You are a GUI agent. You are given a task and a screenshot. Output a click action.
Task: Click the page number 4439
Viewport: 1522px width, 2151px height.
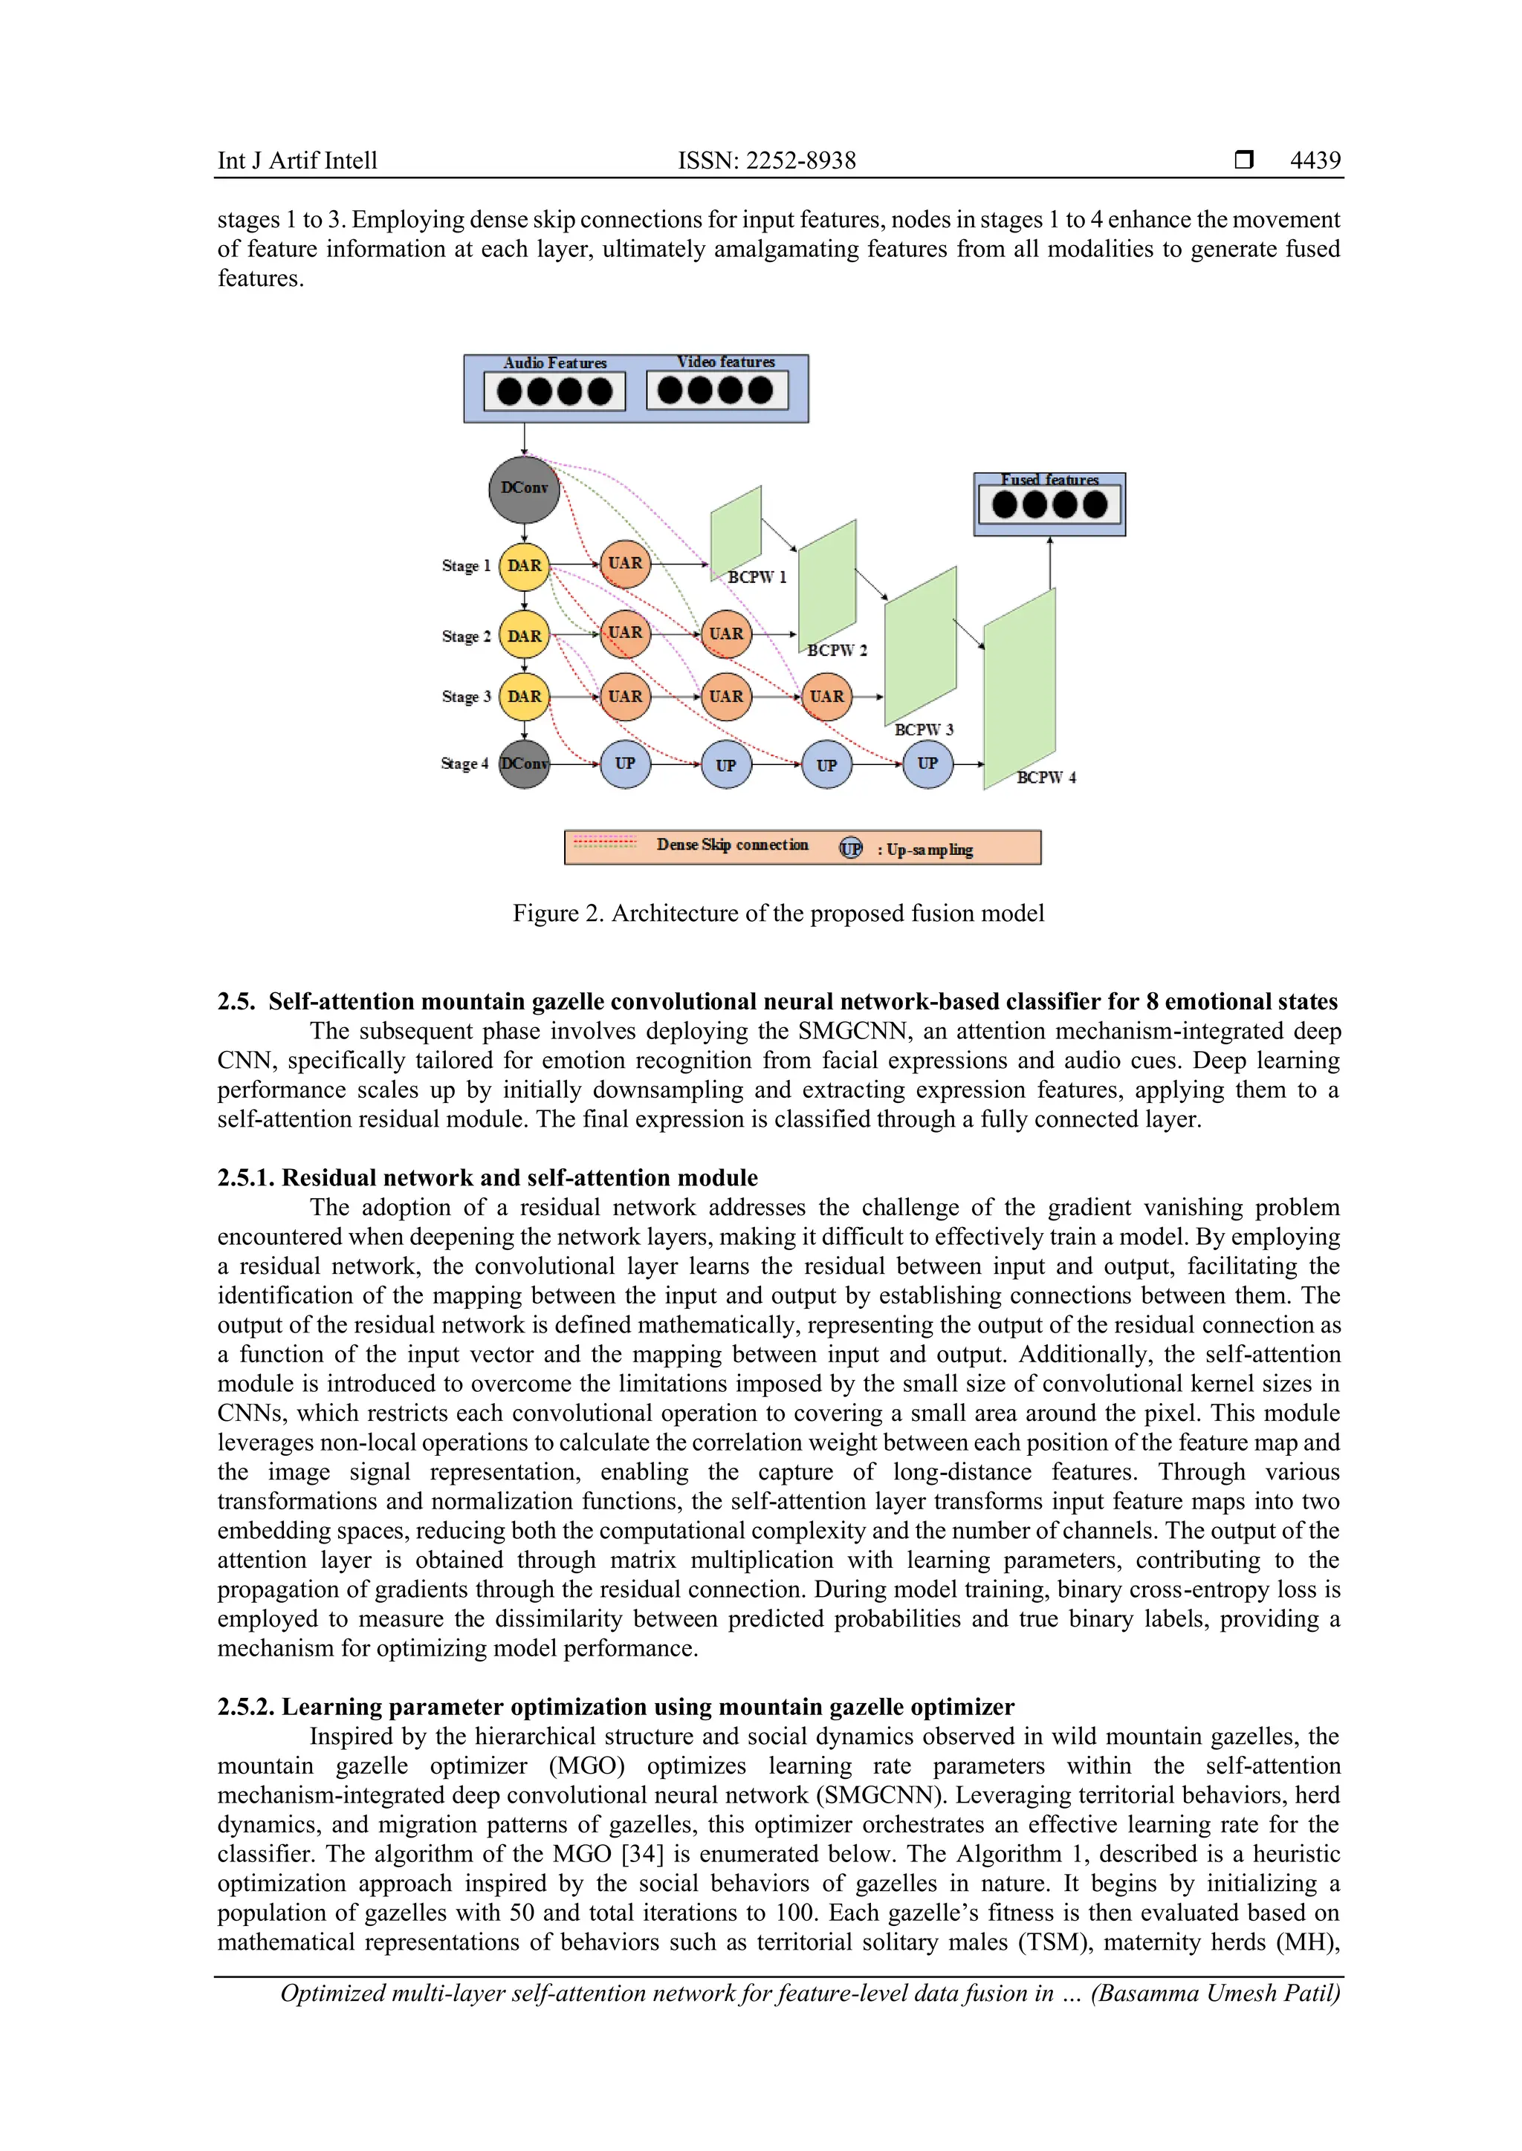[1314, 160]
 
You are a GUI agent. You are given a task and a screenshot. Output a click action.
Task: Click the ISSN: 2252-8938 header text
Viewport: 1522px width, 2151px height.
[767, 160]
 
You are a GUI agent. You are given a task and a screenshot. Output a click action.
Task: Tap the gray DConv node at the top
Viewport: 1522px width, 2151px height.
[524, 489]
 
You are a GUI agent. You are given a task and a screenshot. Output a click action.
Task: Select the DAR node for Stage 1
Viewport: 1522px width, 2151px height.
[524, 566]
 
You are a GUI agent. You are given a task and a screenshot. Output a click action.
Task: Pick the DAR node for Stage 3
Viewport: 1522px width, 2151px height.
[524, 696]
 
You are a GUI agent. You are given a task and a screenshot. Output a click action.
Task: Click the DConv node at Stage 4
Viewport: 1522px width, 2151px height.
[524, 764]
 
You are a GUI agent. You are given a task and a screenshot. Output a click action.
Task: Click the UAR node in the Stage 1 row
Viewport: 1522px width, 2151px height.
[625, 564]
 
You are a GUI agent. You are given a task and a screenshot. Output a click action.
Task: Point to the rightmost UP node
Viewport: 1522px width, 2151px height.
[927, 764]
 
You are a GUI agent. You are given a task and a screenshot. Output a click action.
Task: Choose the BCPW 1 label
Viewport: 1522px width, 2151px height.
[757, 577]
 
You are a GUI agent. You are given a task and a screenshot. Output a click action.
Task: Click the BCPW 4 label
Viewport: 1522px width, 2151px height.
[1046, 778]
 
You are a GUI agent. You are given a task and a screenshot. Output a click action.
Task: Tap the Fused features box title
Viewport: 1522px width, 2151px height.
[1049, 480]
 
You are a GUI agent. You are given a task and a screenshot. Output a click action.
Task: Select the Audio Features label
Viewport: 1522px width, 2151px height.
[555, 362]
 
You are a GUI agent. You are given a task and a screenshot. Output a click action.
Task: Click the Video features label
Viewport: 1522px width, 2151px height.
[725, 362]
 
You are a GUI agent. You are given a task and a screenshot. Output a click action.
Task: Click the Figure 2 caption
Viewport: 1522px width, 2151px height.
[778, 913]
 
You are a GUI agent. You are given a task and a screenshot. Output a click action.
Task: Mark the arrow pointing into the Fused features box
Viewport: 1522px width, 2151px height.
[1049, 562]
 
